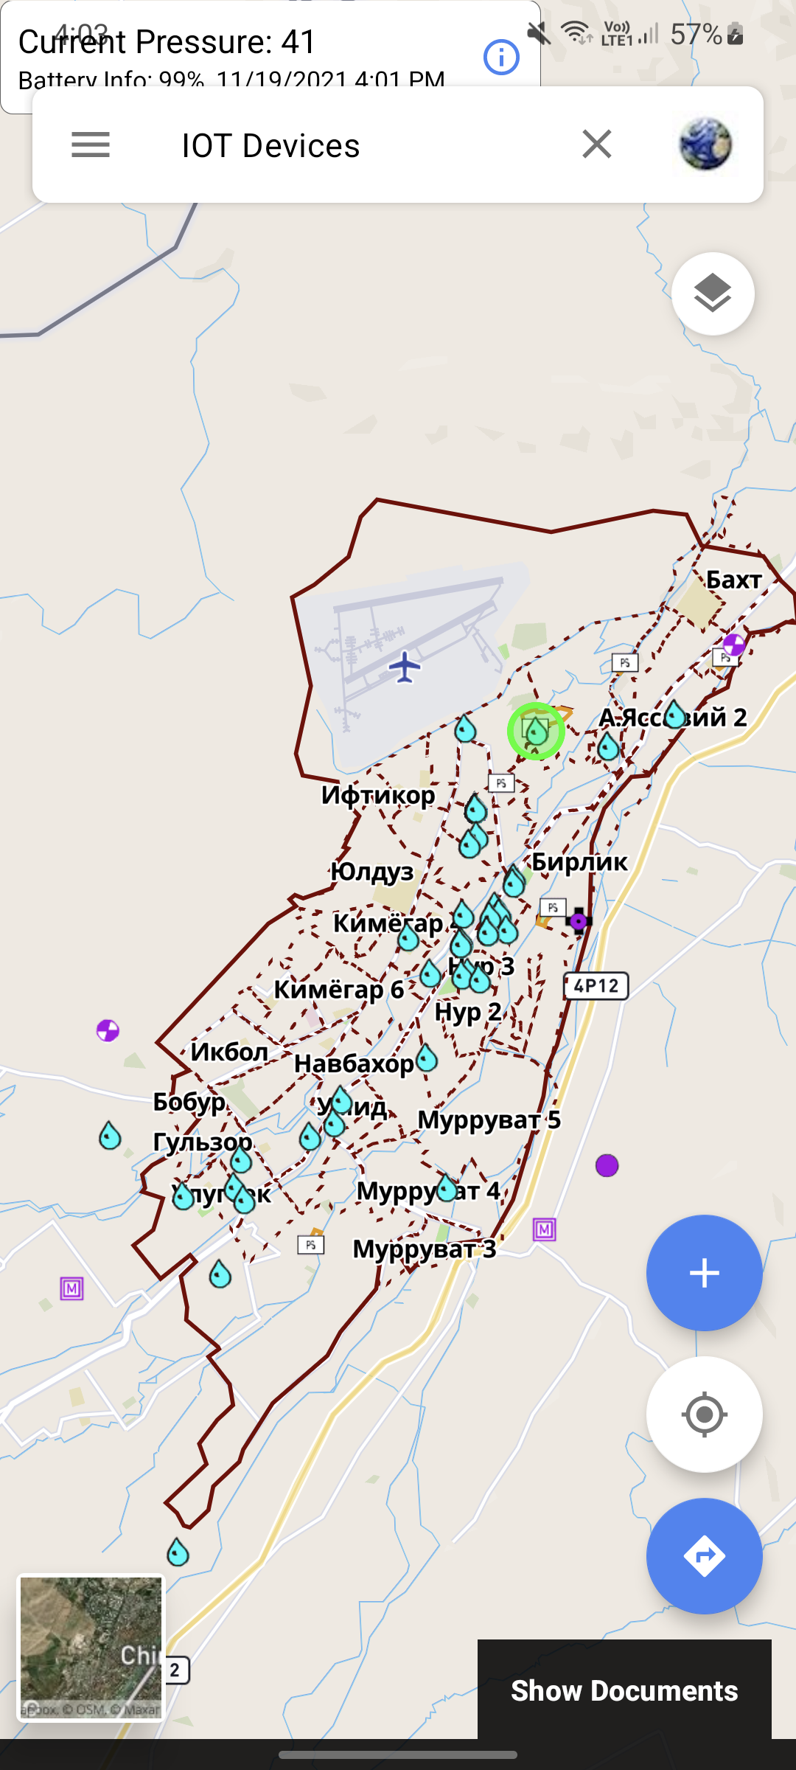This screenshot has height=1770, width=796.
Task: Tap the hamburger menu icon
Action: click(x=91, y=145)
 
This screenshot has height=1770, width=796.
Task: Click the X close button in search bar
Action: click(x=596, y=145)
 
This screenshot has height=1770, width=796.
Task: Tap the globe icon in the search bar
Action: click(x=705, y=145)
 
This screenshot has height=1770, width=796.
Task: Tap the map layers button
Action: click(x=712, y=294)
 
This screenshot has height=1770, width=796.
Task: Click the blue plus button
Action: click(x=704, y=1273)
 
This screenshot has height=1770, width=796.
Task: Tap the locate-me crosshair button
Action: click(x=704, y=1415)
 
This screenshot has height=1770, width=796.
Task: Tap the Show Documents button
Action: click(x=624, y=1690)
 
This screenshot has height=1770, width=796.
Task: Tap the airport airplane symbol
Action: click(x=405, y=667)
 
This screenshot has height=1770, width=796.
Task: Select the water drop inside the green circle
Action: click(x=537, y=731)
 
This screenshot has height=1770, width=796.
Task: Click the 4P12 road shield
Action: click(x=596, y=986)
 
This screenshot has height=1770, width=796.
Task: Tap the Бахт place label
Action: click(x=733, y=580)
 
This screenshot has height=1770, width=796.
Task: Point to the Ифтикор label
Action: click(x=378, y=795)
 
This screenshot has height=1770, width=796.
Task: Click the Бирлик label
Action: click(x=579, y=861)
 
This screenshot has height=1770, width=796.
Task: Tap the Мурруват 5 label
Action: click(x=489, y=1120)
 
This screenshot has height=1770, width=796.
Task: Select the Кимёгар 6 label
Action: click(x=338, y=990)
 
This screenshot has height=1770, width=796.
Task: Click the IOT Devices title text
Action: click(x=270, y=146)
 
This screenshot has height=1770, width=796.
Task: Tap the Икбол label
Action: click(x=229, y=1052)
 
